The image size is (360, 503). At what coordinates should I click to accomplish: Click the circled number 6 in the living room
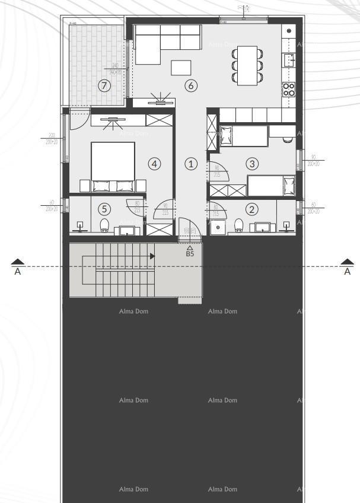(190, 85)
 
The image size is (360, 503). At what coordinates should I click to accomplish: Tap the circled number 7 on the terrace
(104, 85)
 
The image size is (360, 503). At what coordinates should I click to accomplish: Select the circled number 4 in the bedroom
(155, 163)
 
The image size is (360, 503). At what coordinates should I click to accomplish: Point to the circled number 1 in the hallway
(190, 163)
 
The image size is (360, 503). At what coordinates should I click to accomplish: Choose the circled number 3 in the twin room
(252, 163)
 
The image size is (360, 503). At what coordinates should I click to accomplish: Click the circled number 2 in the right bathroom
(252, 209)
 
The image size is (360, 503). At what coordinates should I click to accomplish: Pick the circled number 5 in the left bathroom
(104, 209)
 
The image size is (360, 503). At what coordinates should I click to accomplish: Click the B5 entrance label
(190, 253)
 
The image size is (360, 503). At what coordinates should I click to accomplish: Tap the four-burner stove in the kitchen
(289, 89)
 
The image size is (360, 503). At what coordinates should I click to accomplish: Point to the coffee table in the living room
(181, 68)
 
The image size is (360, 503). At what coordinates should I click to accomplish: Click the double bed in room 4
(113, 166)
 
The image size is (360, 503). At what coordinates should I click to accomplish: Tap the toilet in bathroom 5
(105, 224)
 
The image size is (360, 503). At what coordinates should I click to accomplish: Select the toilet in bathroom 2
(238, 224)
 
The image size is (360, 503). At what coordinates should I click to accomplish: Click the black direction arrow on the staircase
(152, 256)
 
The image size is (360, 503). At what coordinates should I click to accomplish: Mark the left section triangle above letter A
(18, 261)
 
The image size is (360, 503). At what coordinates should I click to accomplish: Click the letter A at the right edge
(348, 272)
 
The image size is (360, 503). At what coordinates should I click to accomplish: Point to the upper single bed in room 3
(243, 136)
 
